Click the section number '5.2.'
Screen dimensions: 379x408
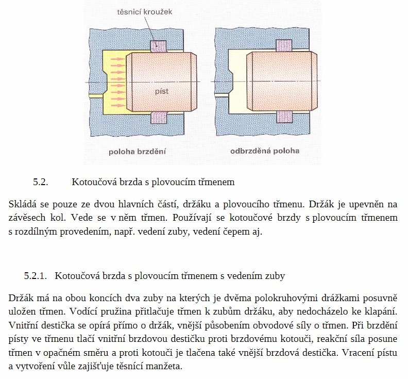(40, 182)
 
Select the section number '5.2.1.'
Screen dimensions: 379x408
(35, 276)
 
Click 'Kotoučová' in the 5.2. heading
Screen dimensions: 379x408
(91, 182)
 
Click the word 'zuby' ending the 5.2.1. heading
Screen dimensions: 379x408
(276, 276)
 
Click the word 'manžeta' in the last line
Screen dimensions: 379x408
(165, 367)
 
